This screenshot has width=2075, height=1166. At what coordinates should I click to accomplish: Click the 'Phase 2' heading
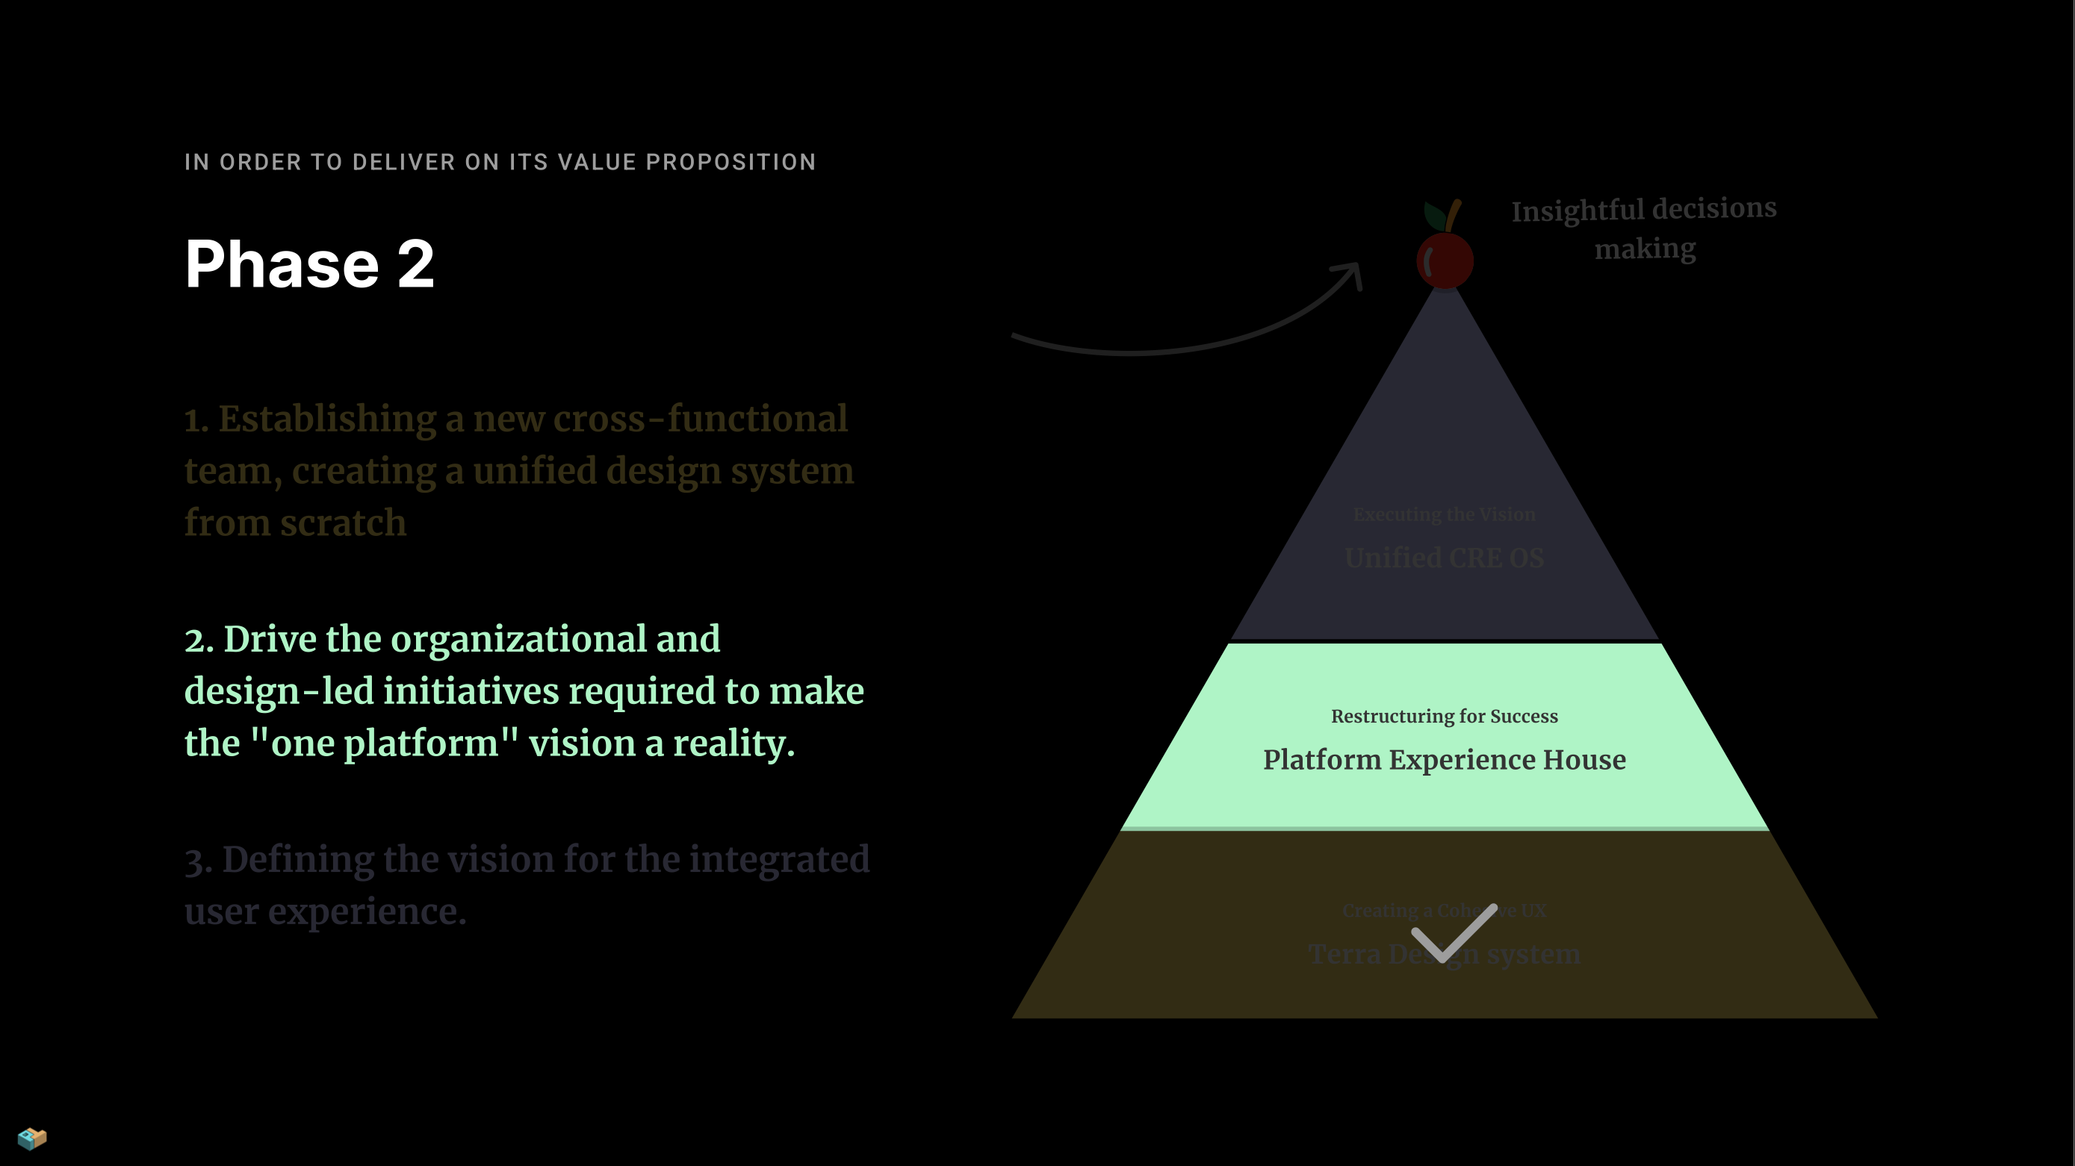click(309, 264)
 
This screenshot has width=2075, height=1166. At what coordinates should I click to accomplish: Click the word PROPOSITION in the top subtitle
click(731, 162)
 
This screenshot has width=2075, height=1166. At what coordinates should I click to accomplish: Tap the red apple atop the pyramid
click(1445, 260)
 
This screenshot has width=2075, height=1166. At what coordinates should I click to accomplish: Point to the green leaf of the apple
click(1434, 215)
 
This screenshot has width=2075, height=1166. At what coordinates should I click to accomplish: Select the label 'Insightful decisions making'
click(1643, 228)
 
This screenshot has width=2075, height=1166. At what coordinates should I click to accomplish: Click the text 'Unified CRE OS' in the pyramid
click(1445, 557)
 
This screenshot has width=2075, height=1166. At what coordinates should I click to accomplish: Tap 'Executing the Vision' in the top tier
click(1445, 514)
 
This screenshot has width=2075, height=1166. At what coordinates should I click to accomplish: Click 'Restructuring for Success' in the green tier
click(1445, 716)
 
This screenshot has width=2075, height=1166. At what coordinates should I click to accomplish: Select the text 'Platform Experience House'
click(1445, 759)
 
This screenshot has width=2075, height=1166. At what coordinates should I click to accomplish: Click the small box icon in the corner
click(32, 1138)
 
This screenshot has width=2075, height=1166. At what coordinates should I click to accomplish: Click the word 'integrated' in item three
click(779, 860)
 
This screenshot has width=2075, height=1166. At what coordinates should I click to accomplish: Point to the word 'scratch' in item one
click(343, 523)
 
